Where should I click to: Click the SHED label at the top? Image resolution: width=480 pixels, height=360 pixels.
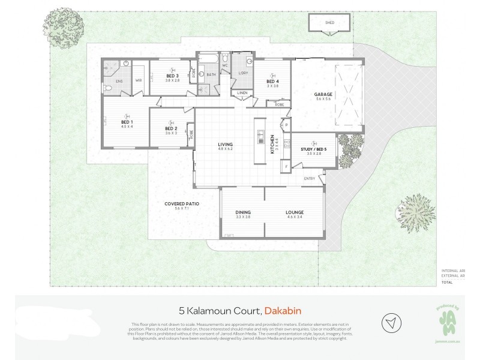329,23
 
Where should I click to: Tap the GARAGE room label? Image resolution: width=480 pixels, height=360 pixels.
323,94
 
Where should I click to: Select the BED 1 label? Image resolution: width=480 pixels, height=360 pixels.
126,122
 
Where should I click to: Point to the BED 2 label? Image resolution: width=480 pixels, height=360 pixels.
171,128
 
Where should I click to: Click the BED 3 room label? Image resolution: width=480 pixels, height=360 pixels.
172,76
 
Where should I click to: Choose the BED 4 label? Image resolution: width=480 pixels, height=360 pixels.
273,82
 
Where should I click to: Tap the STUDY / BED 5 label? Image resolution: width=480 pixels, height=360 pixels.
306,149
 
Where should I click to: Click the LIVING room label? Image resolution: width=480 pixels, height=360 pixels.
225,144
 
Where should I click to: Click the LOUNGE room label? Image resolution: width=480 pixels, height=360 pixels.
295,212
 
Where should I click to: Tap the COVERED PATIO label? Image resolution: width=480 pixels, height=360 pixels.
182,204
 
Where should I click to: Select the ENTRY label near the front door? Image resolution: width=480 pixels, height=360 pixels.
310,178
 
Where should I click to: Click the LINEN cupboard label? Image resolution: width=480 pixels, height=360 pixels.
242,93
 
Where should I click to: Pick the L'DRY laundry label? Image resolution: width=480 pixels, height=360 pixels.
243,73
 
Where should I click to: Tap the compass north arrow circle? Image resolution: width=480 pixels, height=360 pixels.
392,322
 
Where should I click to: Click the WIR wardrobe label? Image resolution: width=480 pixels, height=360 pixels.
138,80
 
